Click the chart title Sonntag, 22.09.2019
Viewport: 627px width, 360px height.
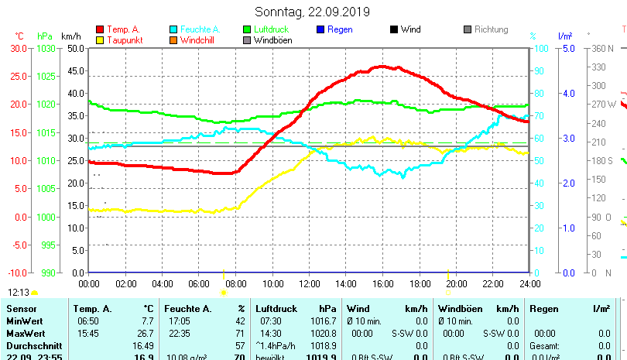point(313,12)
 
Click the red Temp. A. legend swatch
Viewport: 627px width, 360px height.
point(100,29)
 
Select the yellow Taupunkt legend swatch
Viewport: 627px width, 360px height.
point(100,39)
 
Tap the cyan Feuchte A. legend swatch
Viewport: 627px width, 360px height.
point(173,29)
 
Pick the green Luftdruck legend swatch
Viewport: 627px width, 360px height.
point(247,29)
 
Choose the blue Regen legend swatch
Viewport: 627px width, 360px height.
point(320,29)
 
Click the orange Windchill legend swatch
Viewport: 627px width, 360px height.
point(173,39)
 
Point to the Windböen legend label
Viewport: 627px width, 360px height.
point(272,39)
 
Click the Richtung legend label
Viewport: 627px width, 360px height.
point(491,29)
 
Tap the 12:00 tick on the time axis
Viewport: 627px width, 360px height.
point(309,283)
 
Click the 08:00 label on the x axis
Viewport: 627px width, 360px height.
point(235,283)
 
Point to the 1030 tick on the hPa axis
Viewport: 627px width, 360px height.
point(46,48)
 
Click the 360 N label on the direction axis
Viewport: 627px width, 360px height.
point(603,48)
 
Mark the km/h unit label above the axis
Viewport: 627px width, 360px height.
point(70,36)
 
